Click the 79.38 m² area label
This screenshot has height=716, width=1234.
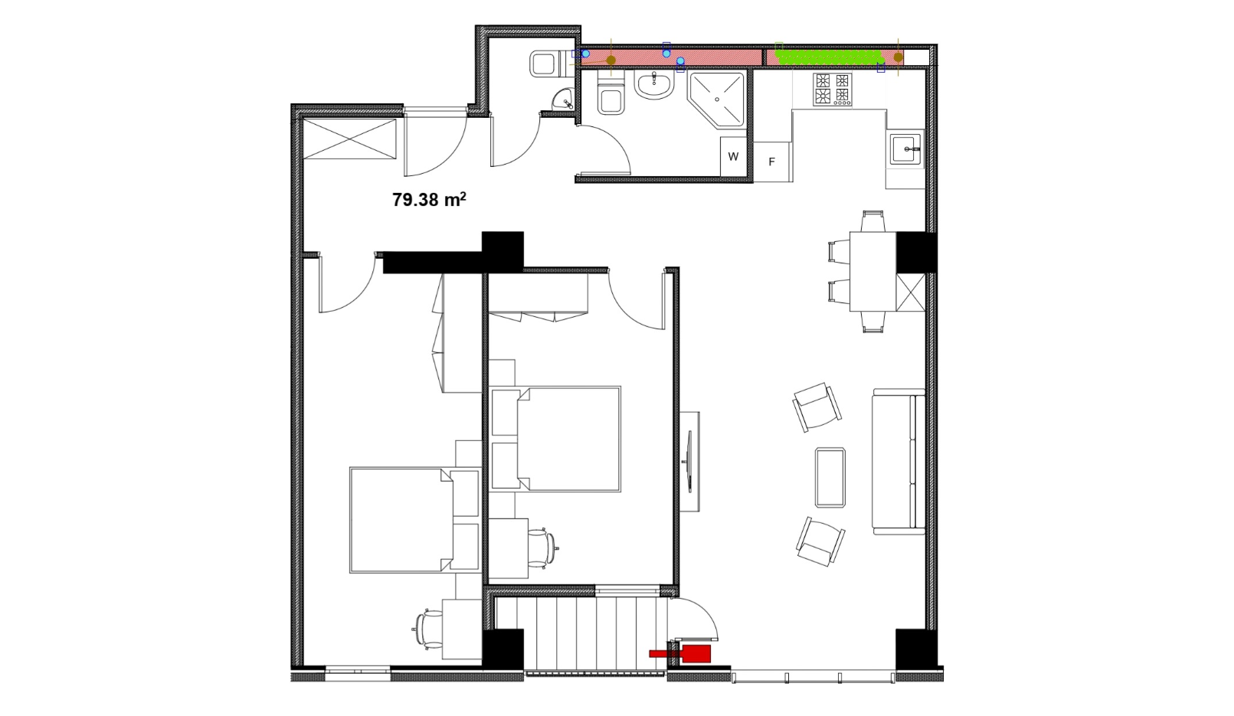point(429,199)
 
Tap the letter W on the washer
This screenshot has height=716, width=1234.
point(733,156)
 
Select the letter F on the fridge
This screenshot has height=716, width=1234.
point(772,162)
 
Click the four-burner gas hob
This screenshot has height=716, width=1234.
point(833,90)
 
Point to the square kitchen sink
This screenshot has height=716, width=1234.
point(906,148)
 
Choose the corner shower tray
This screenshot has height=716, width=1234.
point(717,99)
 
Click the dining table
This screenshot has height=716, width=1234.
point(872,272)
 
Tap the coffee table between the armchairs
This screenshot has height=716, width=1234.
point(830,477)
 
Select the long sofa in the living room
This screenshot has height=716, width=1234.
point(898,462)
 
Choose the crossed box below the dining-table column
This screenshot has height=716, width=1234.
point(911,293)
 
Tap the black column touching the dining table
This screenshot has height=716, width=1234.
point(916,252)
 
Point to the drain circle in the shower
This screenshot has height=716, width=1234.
point(717,100)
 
